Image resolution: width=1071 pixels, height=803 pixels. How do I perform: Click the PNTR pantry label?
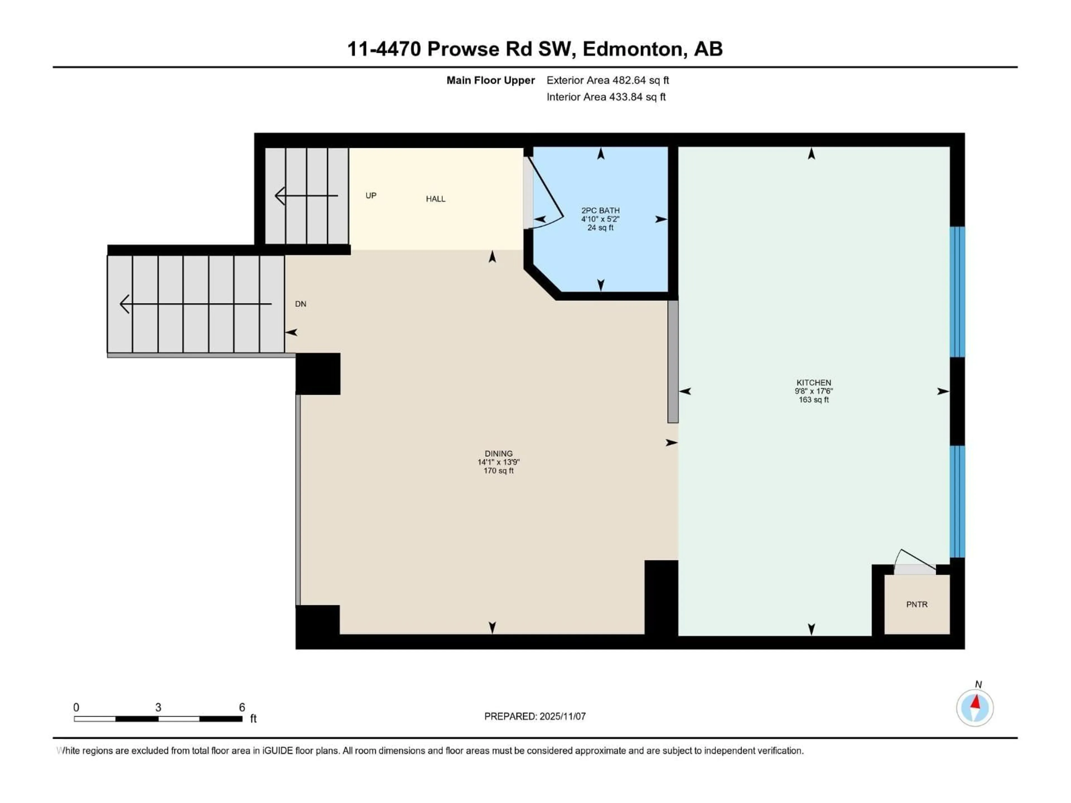pyautogui.click(x=916, y=604)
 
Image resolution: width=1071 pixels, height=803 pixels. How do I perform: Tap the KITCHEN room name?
pyautogui.click(x=813, y=382)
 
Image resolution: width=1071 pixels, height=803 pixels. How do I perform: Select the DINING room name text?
pyautogui.click(x=498, y=454)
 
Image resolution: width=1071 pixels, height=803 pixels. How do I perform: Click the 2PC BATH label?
pyautogui.click(x=600, y=211)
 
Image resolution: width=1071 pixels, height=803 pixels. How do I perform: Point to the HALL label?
pyautogui.click(x=435, y=199)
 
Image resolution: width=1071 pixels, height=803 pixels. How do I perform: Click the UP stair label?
pyautogui.click(x=371, y=195)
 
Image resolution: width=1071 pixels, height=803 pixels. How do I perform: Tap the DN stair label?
pyautogui.click(x=301, y=304)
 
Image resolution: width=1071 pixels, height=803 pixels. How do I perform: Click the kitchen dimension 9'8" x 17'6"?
pyautogui.click(x=813, y=391)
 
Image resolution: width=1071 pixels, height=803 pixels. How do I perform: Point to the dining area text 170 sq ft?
pyautogui.click(x=498, y=470)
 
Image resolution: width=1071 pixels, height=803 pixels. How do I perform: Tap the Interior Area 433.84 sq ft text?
pyautogui.click(x=606, y=97)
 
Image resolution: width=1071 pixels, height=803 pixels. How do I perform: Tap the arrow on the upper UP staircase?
pyautogui.click(x=306, y=195)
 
